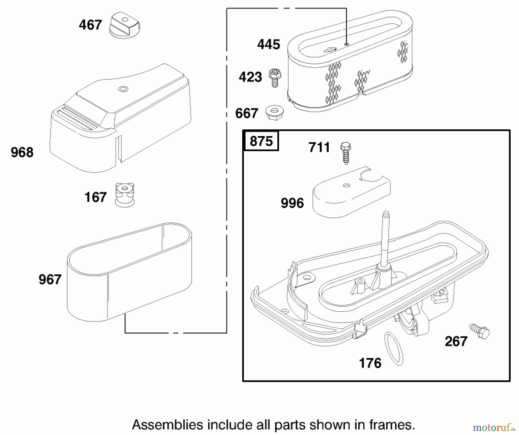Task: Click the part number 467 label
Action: [x=90, y=25]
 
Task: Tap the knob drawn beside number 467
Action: [x=125, y=25]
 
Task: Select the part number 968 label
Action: [x=22, y=152]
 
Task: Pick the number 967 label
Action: [x=50, y=279]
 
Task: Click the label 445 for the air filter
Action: [x=268, y=44]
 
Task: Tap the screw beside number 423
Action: [x=275, y=78]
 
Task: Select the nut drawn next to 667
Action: [x=274, y=112]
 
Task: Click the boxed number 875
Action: [x=261, y=141]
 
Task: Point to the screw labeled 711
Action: [x=346, y=152]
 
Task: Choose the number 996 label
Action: [x=292, y=203]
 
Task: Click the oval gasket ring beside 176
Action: [x=394, y=349]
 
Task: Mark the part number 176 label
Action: [x=370, y=363]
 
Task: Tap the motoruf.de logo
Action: [x=494, y=427]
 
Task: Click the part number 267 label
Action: [x=456, y=341]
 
